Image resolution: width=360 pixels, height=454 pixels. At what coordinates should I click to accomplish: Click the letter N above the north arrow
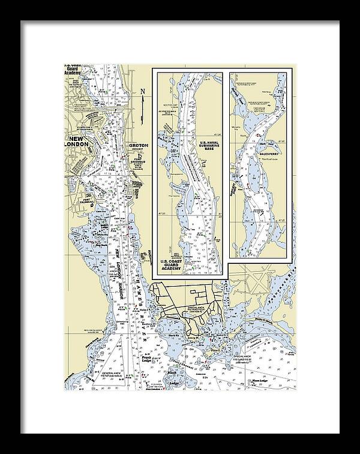142,91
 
